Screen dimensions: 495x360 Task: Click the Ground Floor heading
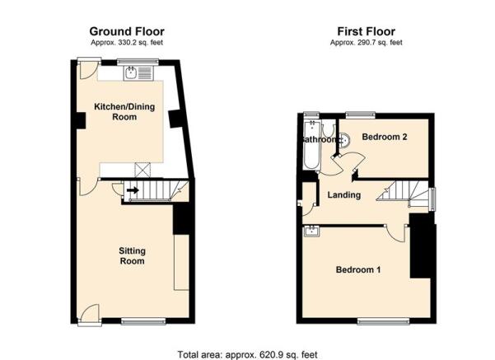point(127,31)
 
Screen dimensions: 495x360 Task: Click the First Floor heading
point(367,31)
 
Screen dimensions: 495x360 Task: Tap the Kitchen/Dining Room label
point(124,111)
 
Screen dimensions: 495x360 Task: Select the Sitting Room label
point(132,255)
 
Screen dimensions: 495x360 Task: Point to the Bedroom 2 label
point(385,137)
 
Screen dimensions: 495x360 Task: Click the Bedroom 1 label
point(358,269)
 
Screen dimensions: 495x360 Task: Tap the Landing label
point(344,195)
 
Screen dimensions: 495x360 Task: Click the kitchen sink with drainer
point(138,73)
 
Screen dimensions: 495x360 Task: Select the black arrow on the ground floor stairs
point(133,190)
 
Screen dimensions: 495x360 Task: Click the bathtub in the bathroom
point(312,144)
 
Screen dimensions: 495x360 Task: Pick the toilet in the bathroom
point(329,129)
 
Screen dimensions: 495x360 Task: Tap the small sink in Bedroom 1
point(312,231)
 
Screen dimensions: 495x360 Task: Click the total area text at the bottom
point(247,354)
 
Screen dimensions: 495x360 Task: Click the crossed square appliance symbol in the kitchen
point(142,170)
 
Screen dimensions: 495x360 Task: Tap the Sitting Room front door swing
point(89,313)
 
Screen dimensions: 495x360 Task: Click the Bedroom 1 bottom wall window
point(384,321)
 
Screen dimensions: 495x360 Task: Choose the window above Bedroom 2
point(361,115)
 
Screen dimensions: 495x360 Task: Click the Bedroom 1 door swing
point(395,234)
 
